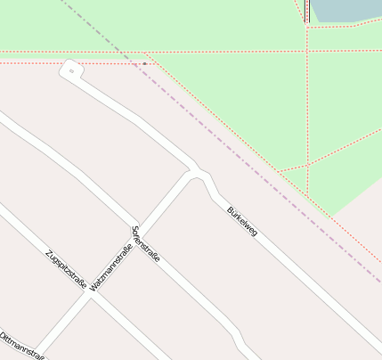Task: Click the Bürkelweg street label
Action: pyautogui.click(x=242, y=222)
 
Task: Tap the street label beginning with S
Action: pyautogui.click(x=145, y=243)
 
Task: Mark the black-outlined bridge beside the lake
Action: pyautogui.click(x=306, y=11)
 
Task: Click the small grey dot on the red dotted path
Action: pyautogui.click(x=144, y=64)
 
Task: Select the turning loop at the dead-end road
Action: pyautogui.click(x=70, y=69)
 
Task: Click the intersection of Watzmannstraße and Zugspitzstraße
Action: pyautogui.click(x=89, y=295)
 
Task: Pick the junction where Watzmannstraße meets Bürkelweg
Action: pyautogui.click(x=195, y=172)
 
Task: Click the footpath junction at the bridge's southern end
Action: pyautogui.click(x=307, y=24)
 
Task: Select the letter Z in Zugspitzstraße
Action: pyautogui.click(x=47, y=252)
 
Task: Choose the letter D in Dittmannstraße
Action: pyautogui.click(x=3, y=336)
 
